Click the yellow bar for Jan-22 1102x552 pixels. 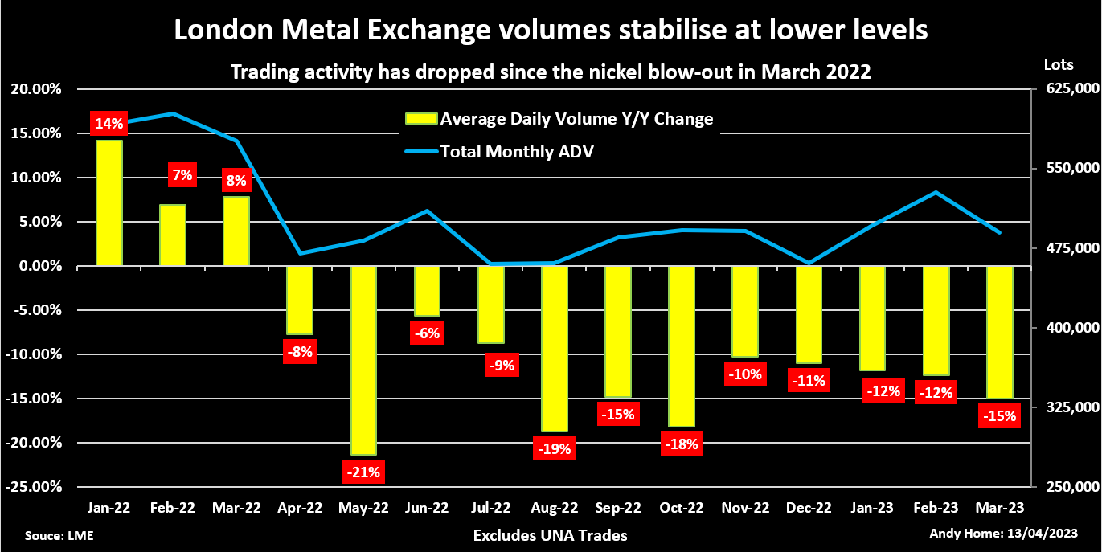point(109,202)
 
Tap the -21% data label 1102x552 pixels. point(363,471)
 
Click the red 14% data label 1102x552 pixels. point(109,124)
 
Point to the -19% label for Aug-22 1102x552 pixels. point(554,448)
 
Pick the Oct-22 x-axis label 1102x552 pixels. point(682,508)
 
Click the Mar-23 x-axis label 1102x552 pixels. point(999,508)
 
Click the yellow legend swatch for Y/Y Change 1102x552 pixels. point(420,120)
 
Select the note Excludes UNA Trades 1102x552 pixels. point(550,535)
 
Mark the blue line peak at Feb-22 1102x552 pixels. point(173,114)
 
